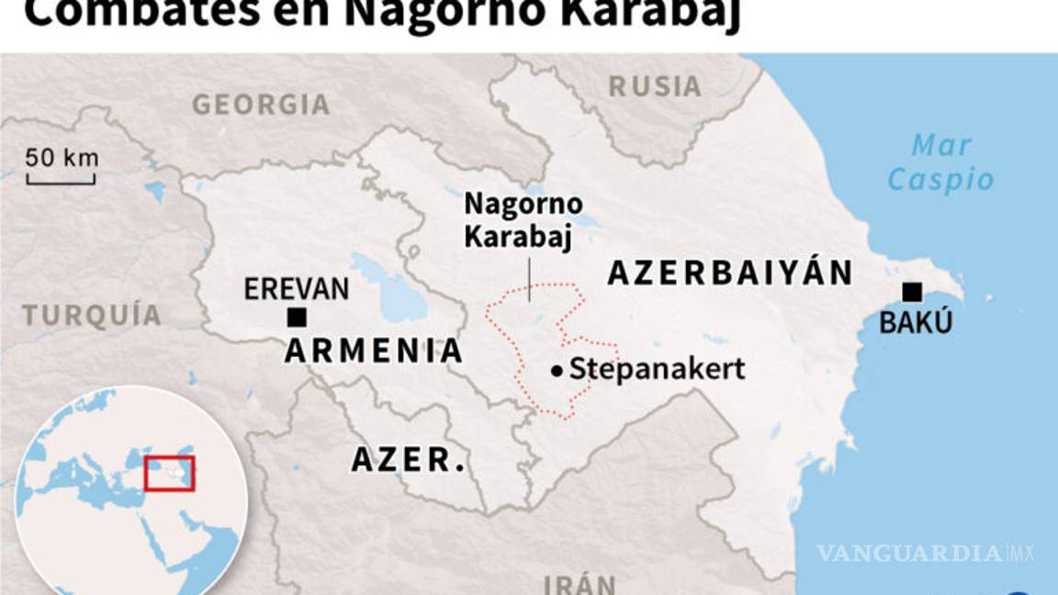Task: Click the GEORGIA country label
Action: tap(261, 105)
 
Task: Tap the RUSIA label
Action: tap(655, 86)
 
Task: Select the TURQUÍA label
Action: tap(92, 316)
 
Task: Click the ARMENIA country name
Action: tap(374, 351)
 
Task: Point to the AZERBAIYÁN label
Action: tap(730, 273)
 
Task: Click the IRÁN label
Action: tap(580, 585)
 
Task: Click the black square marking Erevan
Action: tap(297, 318)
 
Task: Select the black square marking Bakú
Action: tap(911, 292)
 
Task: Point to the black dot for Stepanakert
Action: tap(557, 371)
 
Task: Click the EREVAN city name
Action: tap(297, 289)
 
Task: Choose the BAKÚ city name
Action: tap(916, 323)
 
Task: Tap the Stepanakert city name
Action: tap(657, 370)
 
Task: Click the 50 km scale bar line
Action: tap(61, 182)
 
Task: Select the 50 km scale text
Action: tap(62, 157)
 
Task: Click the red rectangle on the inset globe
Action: tap(169, 472)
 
